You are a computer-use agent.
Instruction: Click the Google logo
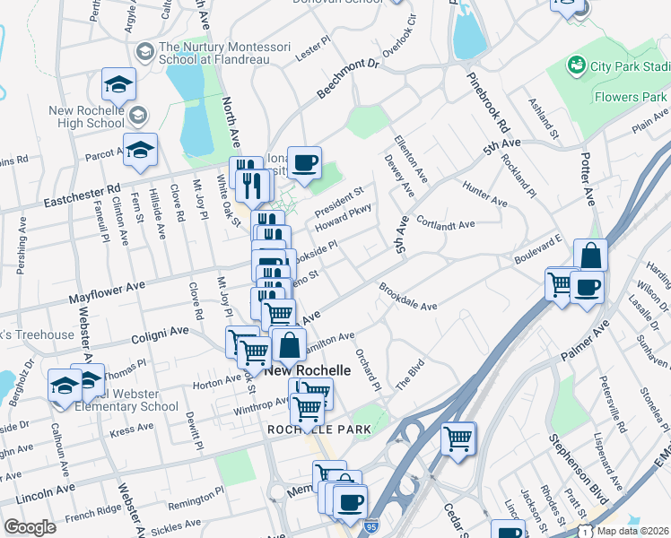pyautogui.click(x=30, y=527)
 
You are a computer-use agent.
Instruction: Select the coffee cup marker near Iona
pyautogui.click(x=305, y=161)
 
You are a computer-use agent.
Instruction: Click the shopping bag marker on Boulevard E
pyautogui.click(x=590, y=256)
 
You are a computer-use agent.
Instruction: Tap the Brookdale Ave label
pyautogui.click(x=407, y=299)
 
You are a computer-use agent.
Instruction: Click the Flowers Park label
pyautogui.click(x=630, y=97)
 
